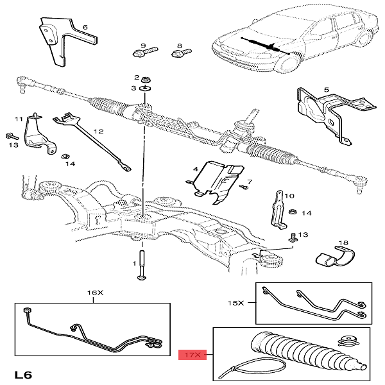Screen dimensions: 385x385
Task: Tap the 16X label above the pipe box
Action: tap(94, 293)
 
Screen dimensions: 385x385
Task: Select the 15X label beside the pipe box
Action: tap(237, 302)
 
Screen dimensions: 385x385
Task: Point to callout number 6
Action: tap(85, 28)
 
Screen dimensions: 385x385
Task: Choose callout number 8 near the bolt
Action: tap(179, 38)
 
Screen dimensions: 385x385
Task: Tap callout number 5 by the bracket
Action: tap(326, 90)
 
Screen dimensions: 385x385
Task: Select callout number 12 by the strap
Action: tap(98, 131)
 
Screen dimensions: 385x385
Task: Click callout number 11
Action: tap(19, 119)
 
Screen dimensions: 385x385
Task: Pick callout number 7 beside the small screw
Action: tap(249, 182)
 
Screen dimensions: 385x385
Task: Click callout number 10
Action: tap(289, 196)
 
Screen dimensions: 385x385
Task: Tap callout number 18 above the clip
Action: tap(343, 243)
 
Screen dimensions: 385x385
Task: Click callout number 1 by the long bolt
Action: tap(135, 263)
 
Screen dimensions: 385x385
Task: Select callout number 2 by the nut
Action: tap(137, 76)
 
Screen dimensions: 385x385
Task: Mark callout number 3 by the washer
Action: tap(134, 88)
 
